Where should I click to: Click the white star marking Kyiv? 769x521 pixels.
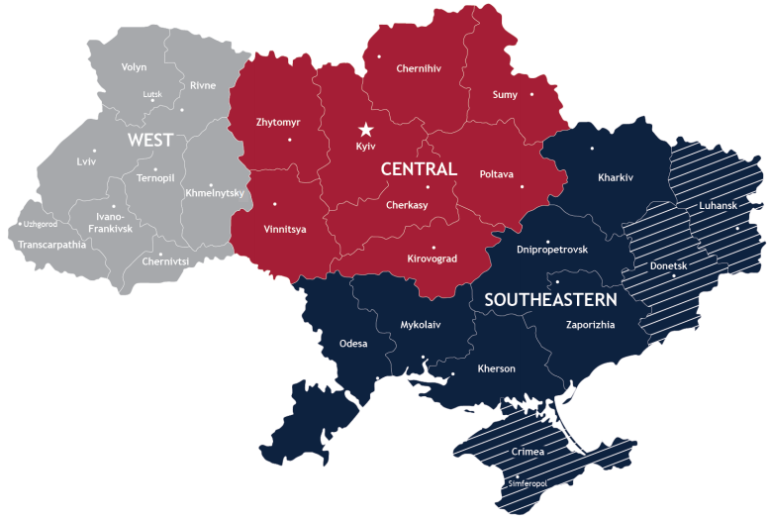tap(366, 129)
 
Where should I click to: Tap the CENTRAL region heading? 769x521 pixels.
tap(419, 169)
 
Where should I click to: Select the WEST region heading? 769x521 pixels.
tap(150, 141)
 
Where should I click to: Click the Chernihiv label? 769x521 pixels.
tap(418, 69)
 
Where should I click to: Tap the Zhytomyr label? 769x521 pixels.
tap(278, 123)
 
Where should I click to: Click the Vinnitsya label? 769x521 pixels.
tap(285, 229)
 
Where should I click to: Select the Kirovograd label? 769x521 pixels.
tap(433, 259)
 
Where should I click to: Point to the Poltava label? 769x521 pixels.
tap(497, 174)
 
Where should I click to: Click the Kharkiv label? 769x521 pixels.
tap(616, 178)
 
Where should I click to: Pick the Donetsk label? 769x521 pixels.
tap(668, 266)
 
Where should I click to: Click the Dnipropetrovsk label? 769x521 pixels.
tap(552, 250)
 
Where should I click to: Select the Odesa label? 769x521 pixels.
tap(353, 344)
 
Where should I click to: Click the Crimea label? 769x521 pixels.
tap(528, 452)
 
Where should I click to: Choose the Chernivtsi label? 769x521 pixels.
tap(165, 261)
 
